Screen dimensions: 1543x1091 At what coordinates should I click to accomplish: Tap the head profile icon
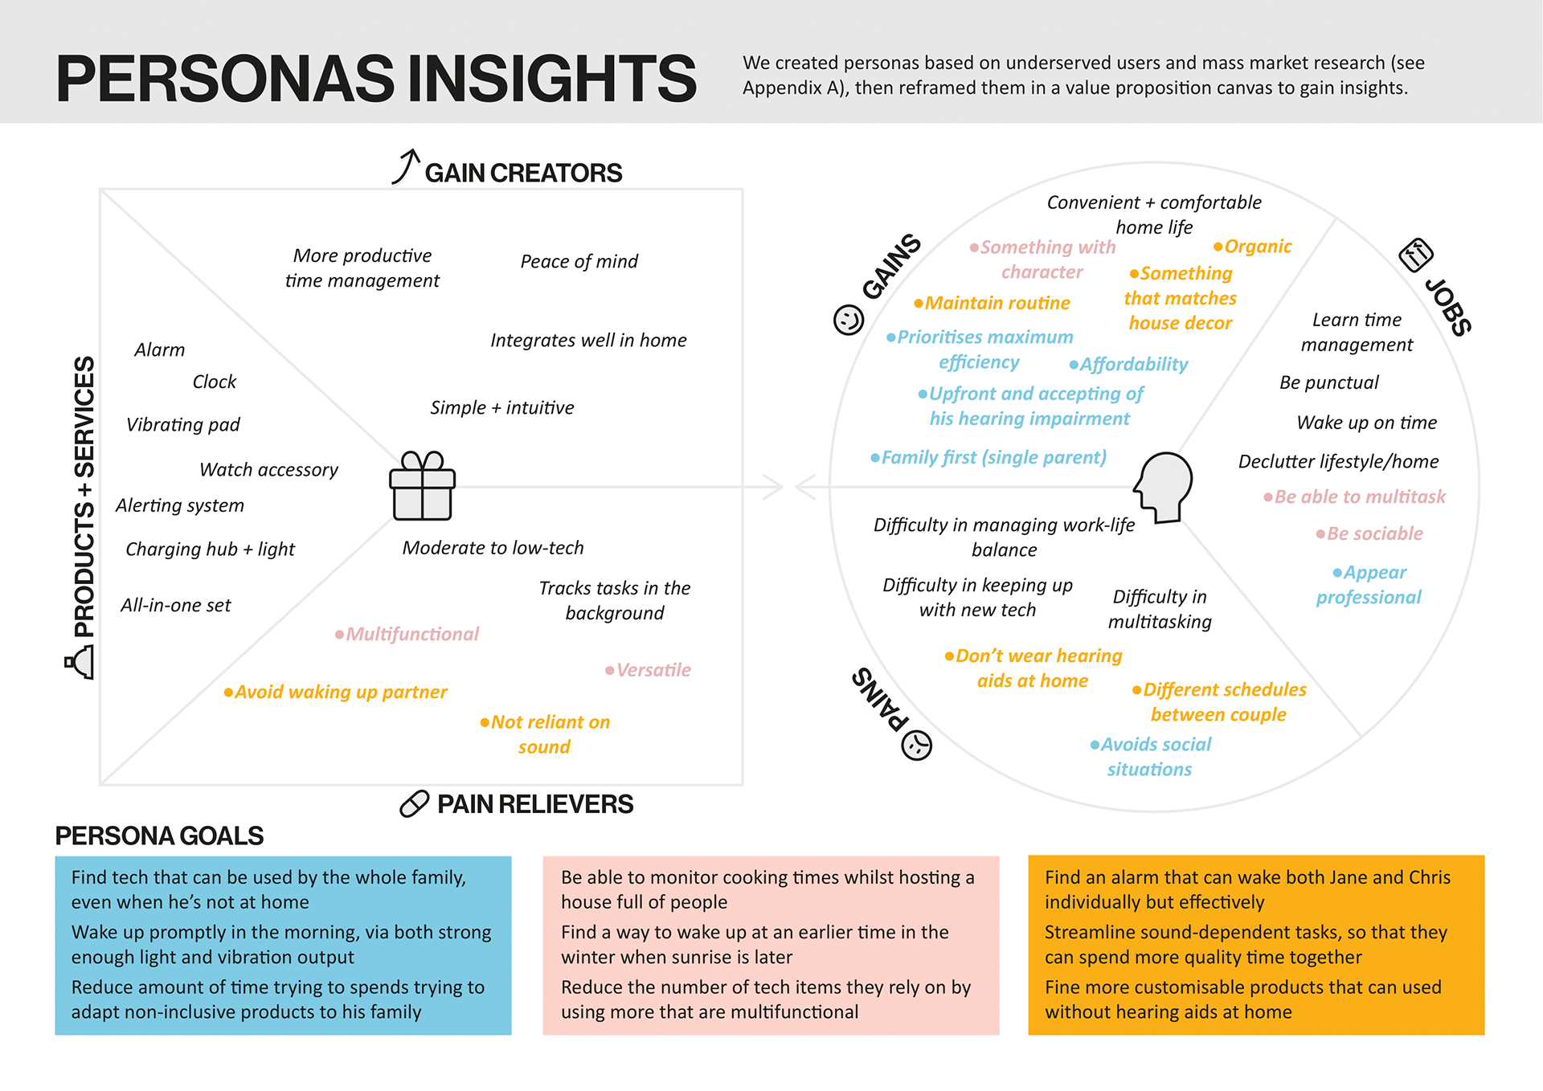point(1164,487)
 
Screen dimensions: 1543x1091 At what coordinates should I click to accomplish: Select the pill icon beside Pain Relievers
point(414,803)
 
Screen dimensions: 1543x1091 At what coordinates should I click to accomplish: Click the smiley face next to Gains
point(848,320)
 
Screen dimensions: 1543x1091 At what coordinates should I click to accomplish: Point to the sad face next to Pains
point(916,746)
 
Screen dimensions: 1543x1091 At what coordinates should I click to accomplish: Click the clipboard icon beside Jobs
point(1415,255)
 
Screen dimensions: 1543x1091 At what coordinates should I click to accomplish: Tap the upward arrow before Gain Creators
point(406,166)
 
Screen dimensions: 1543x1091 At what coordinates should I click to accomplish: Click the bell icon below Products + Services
point(81,664)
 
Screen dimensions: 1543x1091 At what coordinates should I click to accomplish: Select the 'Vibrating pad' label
point(183,424)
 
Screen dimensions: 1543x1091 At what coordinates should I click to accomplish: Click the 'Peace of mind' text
point(579,261)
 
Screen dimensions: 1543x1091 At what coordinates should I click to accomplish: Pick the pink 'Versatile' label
point(653,670)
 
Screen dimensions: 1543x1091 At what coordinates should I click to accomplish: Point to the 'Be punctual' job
point(1328,382)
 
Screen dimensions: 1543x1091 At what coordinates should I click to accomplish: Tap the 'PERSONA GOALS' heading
point(159,836)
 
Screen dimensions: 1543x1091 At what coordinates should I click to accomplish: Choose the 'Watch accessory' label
point(268,469)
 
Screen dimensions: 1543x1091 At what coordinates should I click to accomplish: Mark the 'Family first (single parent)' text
point(993,457)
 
